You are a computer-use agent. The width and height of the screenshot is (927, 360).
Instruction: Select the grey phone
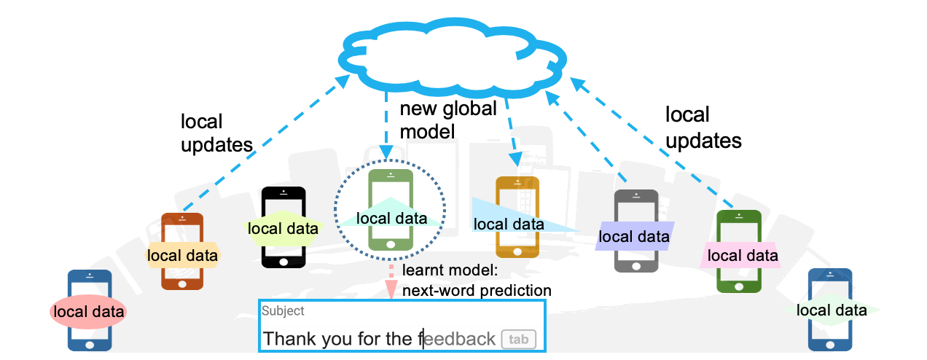pos(635,259)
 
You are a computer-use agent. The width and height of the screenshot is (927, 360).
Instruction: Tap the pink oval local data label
pos(87,312)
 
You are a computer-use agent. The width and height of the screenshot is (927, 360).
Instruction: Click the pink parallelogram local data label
pos(742,255)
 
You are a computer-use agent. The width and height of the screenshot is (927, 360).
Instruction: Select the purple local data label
pos(633,236)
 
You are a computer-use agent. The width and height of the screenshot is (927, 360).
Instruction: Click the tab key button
pos(518,339)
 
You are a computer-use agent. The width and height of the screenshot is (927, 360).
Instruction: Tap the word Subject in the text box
pos(283,310)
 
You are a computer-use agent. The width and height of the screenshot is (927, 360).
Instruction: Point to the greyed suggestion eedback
pos(460,339)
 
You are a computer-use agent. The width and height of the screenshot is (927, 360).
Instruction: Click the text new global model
pos(447,120)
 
